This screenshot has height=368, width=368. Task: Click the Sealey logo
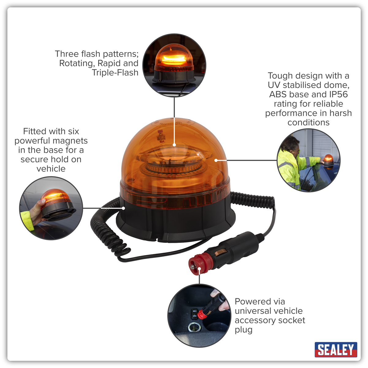(x=336, y=350)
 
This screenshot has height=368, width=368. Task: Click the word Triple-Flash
(x=115, y=73)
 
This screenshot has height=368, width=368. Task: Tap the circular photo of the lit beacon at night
(x=174, y=65)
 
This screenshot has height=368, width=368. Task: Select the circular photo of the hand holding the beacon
(x=51, y=208)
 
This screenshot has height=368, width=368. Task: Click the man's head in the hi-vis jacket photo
(x=292, y=145)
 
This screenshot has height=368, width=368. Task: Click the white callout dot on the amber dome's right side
(x=216, y=160)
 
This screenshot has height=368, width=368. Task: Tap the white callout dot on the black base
(x=124, y=208)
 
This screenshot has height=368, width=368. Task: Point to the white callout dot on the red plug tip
(x=199, y=269)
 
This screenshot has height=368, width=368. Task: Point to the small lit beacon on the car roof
(x=329, y=161)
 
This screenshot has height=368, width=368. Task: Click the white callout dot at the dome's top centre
(x=174, y=145)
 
